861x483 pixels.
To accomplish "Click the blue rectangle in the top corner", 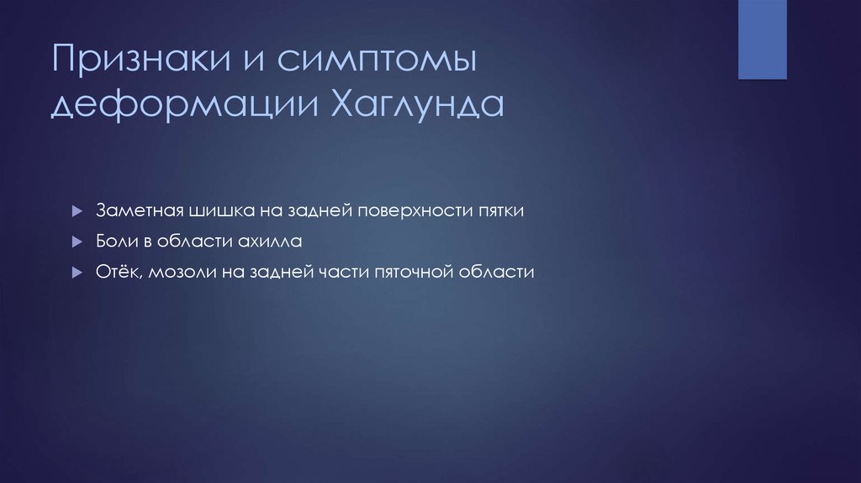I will click(762, 40).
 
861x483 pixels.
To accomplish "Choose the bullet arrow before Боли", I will click(76, 241).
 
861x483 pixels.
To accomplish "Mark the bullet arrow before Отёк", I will click(76, 273).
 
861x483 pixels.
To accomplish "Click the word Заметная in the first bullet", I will click(135, 210).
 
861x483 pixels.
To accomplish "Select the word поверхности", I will click(409, 210).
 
